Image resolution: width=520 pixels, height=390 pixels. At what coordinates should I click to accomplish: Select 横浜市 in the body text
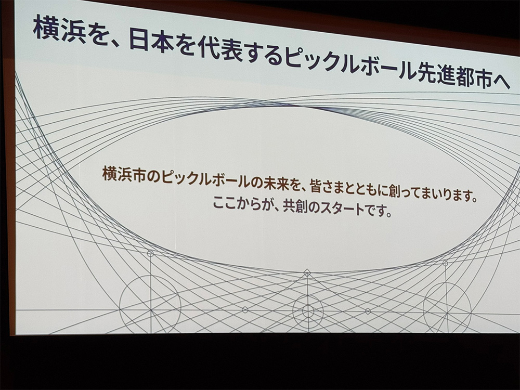[124, 174]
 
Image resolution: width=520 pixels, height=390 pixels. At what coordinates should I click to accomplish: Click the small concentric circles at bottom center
[308, 311]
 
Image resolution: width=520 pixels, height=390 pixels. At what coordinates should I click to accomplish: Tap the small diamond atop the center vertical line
[307, 273]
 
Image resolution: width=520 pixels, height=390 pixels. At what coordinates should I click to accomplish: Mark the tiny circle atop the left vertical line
[150, 254]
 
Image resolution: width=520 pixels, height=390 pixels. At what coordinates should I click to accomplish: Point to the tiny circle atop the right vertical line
[445, 263]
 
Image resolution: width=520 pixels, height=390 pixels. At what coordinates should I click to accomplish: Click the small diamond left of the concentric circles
[245, 310]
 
